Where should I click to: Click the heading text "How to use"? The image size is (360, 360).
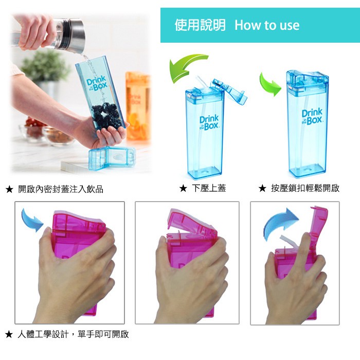click(267, 25)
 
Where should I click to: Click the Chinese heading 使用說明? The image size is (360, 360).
click(200, 25)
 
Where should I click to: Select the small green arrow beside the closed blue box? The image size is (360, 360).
click(269, 84)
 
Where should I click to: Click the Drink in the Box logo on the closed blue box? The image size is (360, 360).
click(312, 117)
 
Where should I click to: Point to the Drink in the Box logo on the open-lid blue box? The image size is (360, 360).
click(209, 123)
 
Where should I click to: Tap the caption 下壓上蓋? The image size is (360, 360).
click(209, 188)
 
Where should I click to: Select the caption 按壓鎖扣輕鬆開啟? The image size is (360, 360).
click(305, 188)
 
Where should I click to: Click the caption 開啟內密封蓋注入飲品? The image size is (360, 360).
click(61, 189)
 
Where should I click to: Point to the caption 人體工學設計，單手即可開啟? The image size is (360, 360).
click(73, 334)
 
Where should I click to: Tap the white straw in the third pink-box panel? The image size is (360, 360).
click(290, 242)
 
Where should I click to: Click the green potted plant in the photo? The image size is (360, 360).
click(45, 66)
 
